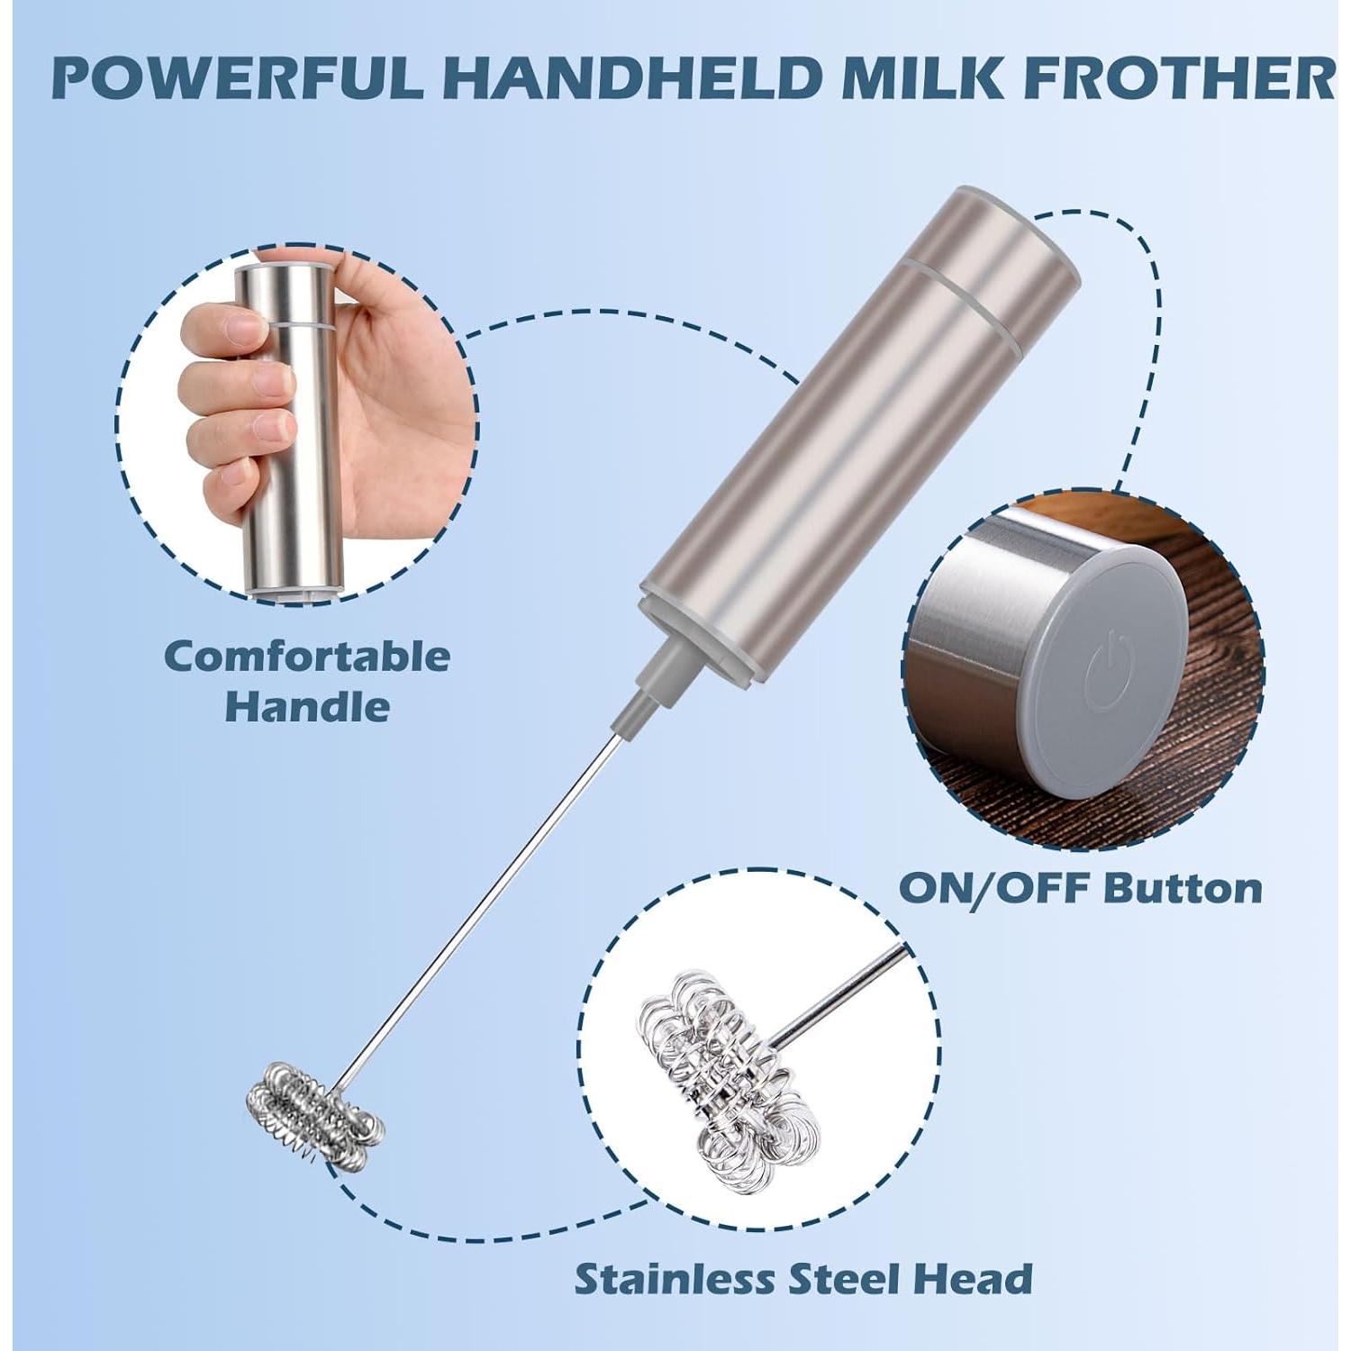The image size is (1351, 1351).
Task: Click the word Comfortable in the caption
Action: tap(307, 657)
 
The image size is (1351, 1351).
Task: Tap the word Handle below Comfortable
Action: tap(307, 707)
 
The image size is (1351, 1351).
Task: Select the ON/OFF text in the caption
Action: tap(994, 888)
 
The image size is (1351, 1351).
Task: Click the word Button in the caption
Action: tap(1183, 888)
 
